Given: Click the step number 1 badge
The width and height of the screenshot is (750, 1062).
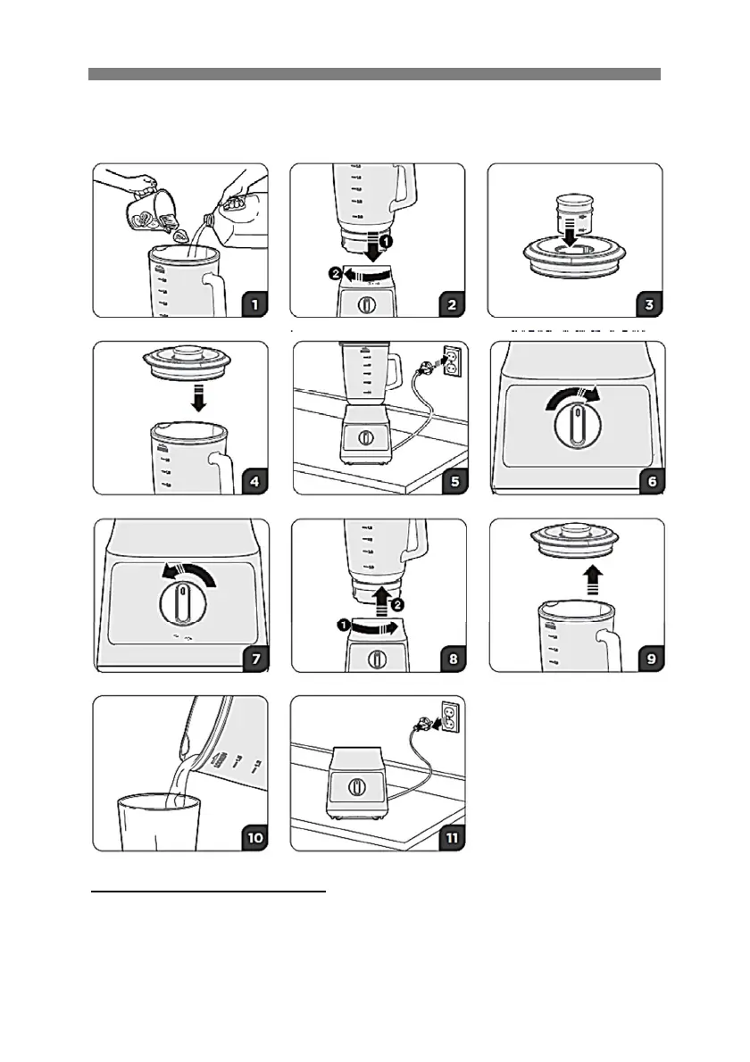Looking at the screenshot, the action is (x=254, y=304).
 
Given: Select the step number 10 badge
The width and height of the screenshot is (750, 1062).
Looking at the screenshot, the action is (x=254, y=838).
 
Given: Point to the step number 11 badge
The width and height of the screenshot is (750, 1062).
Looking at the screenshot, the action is (x=453, y=838).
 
